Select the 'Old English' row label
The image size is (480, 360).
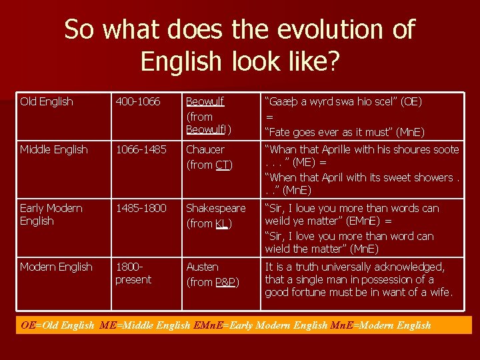(47, 102)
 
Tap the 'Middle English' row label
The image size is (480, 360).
(53, 150)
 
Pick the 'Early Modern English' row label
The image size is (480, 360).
(51, 215)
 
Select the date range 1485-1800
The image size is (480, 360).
(141, 209)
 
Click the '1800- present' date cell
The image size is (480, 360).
(133, 273)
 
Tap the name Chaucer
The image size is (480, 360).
(205, 150)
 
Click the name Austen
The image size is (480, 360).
(202, 267)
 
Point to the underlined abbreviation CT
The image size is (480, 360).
(223, 165)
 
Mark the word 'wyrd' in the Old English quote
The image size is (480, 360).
(334, 102)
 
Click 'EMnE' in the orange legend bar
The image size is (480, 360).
(209, 326)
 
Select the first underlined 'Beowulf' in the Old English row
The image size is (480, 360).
(205, 102)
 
